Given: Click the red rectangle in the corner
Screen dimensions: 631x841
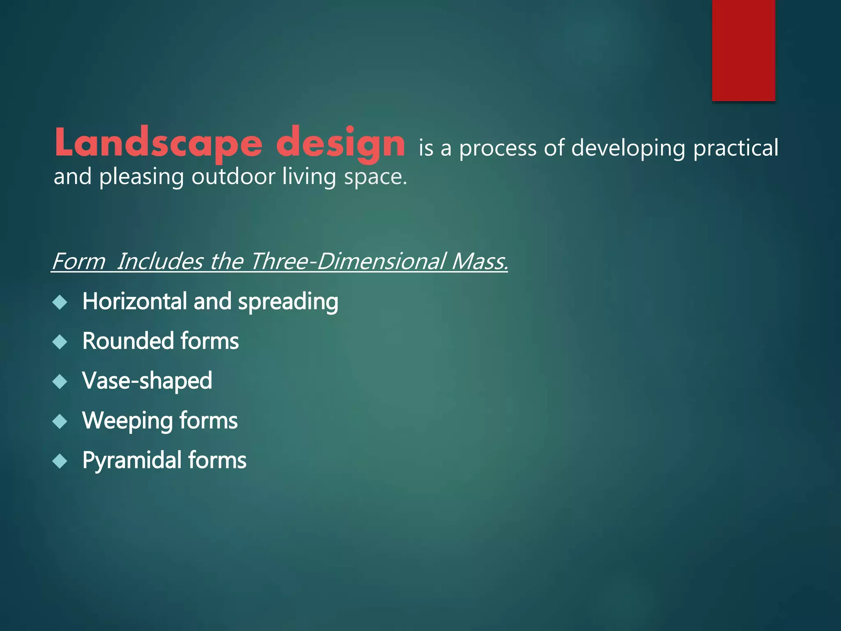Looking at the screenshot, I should pos(743,50).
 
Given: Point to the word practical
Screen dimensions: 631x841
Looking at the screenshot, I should pos(735,148).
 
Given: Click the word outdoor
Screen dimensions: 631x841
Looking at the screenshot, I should pos(233,177).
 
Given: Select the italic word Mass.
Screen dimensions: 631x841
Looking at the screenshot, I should pos(479,261).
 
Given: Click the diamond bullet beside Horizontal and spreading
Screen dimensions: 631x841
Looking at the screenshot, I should pos(60,302).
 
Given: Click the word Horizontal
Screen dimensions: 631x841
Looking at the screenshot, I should pos(135,301).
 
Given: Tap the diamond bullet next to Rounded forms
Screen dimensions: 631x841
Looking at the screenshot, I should pos(60,342).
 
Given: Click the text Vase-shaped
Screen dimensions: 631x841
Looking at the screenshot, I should pos(147,381).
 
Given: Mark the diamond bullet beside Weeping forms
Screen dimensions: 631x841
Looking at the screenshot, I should pos(60,421).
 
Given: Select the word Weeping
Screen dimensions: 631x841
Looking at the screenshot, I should pos(127,421).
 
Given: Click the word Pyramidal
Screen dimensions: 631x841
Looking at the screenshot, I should pos(131,461).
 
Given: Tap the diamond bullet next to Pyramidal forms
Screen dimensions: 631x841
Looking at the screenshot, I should pos(60,461).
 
